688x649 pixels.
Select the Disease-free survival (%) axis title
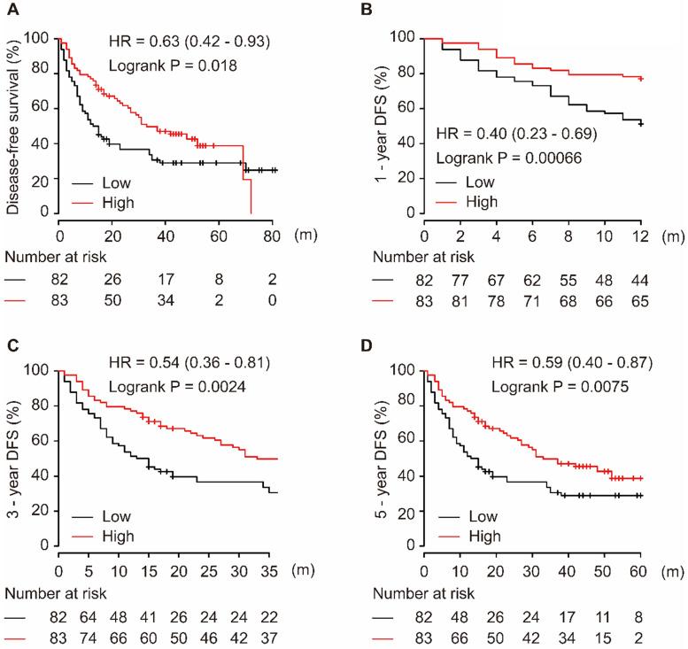15,124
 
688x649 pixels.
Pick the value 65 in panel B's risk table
638,301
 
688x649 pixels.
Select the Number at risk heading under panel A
52,258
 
